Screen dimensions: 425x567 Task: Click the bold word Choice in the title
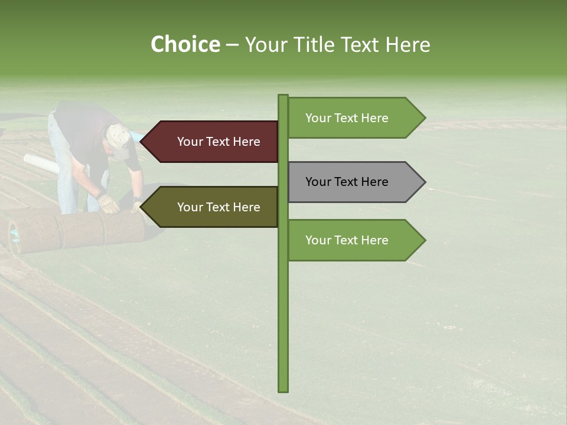coord(185,44)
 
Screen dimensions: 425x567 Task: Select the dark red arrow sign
coord(213,142)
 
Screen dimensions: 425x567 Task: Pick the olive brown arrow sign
coord(213,207)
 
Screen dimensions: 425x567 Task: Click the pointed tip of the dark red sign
coord(142,142)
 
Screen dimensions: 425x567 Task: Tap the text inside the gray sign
coord(347,182)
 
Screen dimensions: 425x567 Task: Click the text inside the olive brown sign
coord(219,207)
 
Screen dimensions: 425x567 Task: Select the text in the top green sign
coord(347,118)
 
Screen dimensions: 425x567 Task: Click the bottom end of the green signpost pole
coord(283,389)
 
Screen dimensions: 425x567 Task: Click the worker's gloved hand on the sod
coord(109,204)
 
